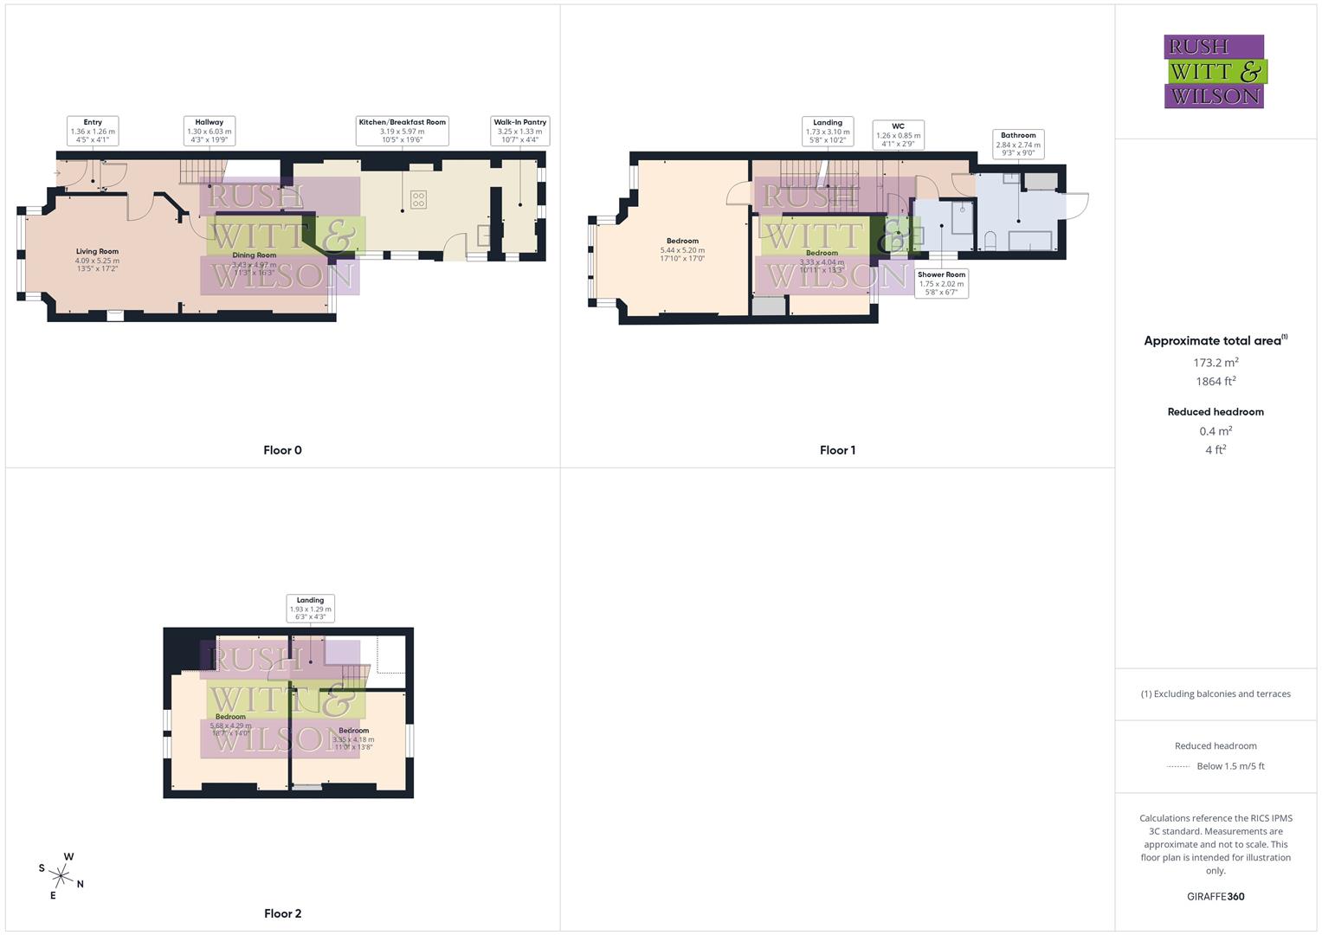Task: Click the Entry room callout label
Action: [x=93, y=131]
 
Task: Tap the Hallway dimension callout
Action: [x=210, y=131]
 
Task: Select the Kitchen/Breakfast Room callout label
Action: [x=402, y=131]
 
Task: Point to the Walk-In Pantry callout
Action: [x=519, y=131]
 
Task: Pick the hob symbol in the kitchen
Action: [x=418, y=200]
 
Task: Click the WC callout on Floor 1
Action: [x=898, y=135]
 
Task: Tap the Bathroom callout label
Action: [x=1018, y=144]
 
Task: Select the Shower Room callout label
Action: [x=941, y=283]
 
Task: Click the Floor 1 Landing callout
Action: [x=828, y=131]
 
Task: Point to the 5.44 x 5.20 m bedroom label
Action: [x=682, y=249]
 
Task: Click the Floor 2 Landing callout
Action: [x=310, y=608]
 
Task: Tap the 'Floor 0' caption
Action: [x=282, y=450]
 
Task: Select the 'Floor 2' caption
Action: [x=282, y=913]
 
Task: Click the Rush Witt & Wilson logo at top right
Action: [x=1214, y=71]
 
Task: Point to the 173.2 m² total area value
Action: [x=1216, y=363]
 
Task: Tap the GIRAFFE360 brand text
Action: [x=1216, y=897]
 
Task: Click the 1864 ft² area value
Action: [x=1216, y=382]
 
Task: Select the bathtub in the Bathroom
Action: [x=1030, y=240]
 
